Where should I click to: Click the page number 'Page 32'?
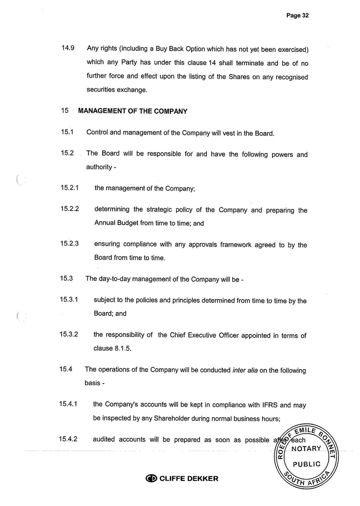pyautogui.click(x=297, y=15)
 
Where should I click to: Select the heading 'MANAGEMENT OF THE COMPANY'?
pyautogui.click(x=132, y=111)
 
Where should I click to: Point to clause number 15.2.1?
pyautogui.click(x=70, y=188)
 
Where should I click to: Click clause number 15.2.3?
pyautogui.click(x=70, y=244)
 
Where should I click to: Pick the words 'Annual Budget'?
pyautogui.click(x=116, y=223)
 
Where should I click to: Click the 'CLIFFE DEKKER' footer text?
pyautogui.click(x=188, y=479)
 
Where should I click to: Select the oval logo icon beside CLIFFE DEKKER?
pyautogui.click(x=151, y=479)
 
